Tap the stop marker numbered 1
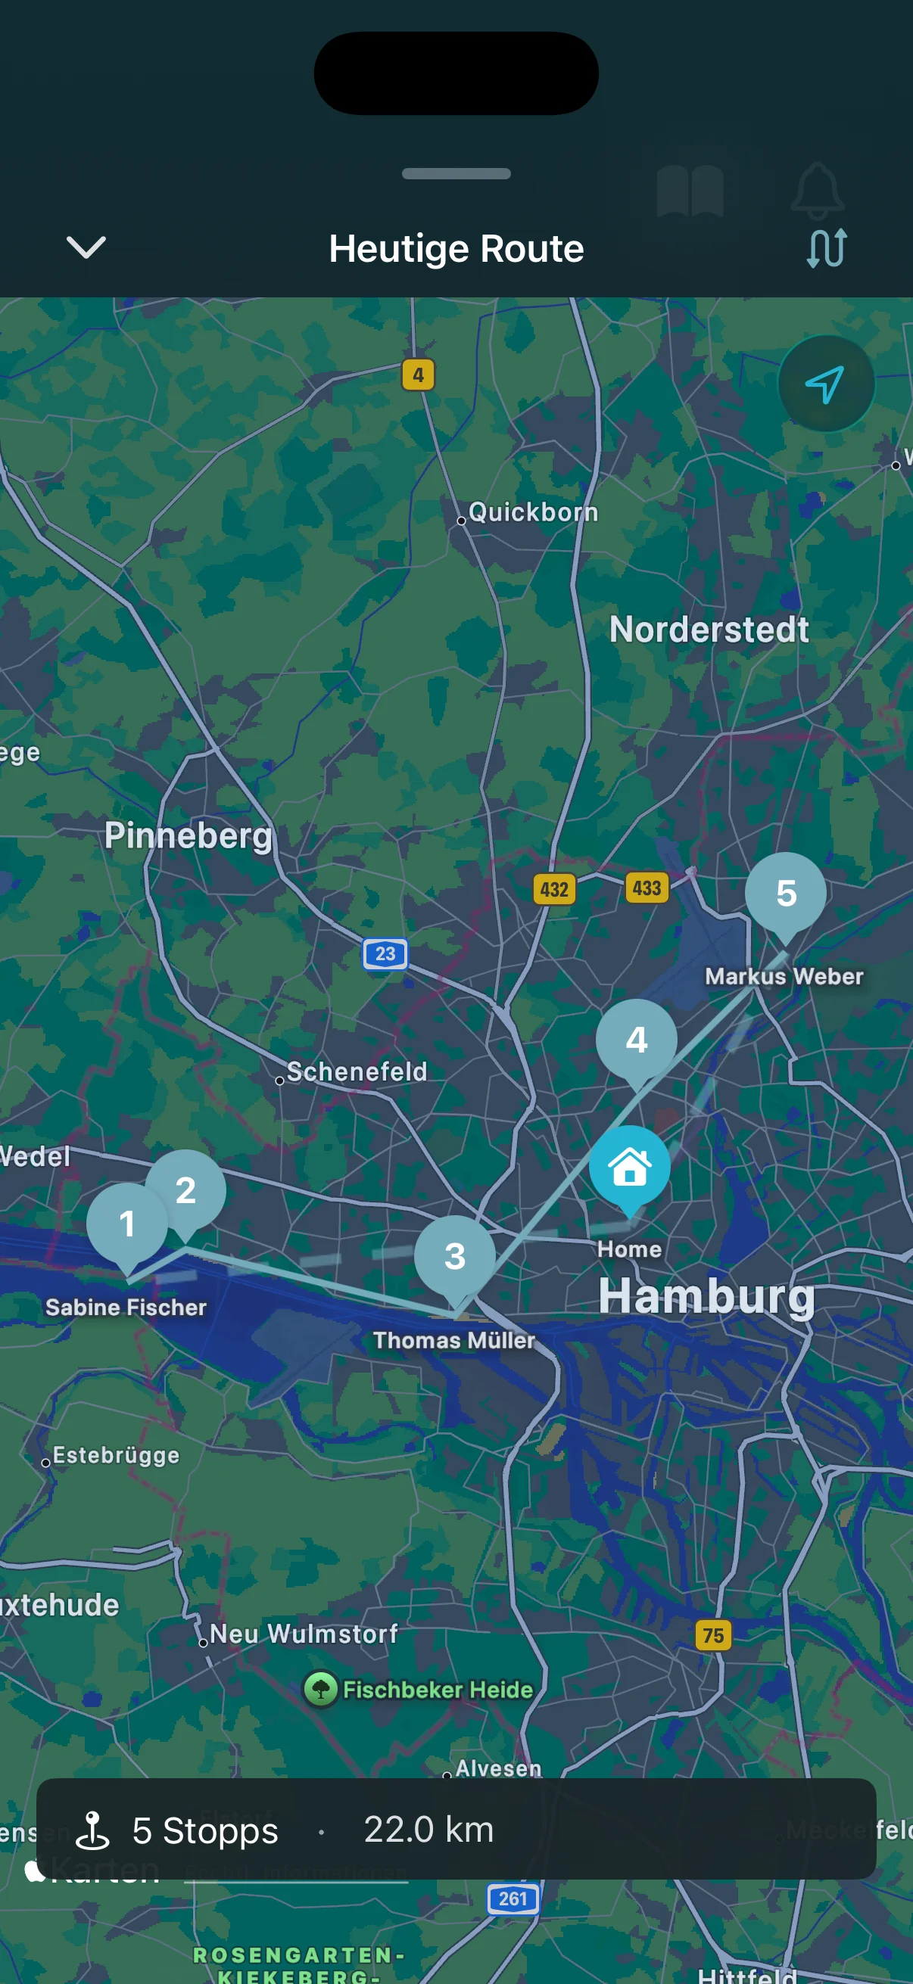[127, 1224]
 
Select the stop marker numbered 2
[185, 1190]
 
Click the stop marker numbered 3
[454, 1256]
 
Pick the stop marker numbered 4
[637, 1040]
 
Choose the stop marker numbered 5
[785, 893]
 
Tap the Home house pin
[629, 1167]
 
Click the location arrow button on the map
[825, 384]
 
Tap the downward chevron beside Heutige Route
[86, 247]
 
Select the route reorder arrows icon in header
[827, 247]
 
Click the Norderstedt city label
[709, 630]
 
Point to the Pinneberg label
[189, 835]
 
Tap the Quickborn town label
[532, 512]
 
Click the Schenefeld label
[357, 1071]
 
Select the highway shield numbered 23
[385, 953]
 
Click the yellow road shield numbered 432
[554, 890]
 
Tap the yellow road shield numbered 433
[647, 888]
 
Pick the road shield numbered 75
[712, 1634]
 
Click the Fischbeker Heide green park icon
[320, 1690]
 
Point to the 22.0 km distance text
[428, 1829]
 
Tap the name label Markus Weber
[784, 976]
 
